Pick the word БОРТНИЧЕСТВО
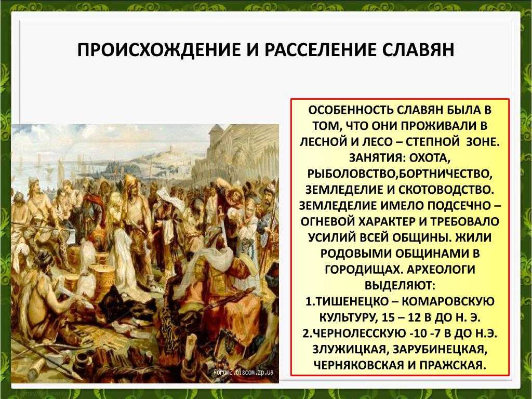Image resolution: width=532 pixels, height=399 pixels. tap(445, 174)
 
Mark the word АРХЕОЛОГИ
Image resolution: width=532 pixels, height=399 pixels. tap(441, 269)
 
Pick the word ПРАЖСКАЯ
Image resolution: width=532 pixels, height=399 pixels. tap(451, 365)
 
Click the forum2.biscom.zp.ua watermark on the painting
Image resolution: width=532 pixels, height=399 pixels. tap(243, 372)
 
